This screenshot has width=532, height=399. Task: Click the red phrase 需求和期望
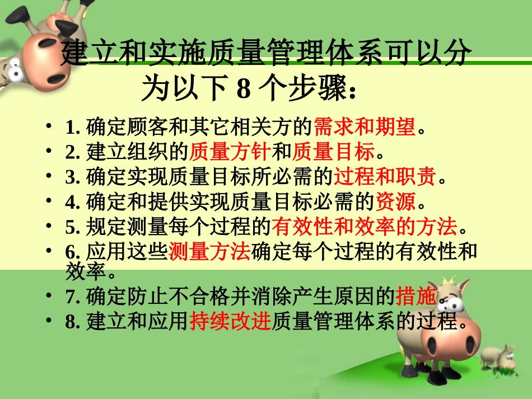pyautogui.click(x=365, y=128)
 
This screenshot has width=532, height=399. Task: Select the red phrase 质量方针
pyautogui.click(x=230, y=152)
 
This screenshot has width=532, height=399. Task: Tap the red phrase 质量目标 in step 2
pyautogui.click(x=334, y=152)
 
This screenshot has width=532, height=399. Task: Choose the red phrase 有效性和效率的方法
pyautogui.click(x=365, y=227)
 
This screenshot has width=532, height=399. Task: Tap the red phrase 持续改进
pyautogui.click(x=230, y=322)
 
